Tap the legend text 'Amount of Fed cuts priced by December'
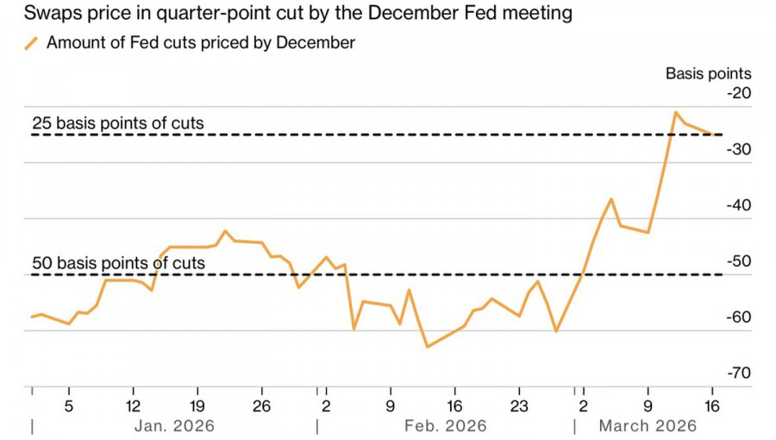pos(200,43)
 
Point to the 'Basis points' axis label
pos(708,73)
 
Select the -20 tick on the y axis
pos(739,93)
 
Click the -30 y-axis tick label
pos(739,149)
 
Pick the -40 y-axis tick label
pos(739,205)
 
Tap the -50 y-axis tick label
pos(739,261)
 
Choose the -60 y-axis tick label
pos(739,317)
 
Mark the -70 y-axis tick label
pos(739,374)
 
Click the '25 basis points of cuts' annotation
pos(118,123)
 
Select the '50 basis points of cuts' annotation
pos(118,263)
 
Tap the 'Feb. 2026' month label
pos(444,425)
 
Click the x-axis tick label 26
pos(262,405)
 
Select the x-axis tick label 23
pos(519,405)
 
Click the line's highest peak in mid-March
pos(676,112)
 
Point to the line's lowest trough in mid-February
pos(427,347)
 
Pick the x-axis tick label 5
pos(69,405)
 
